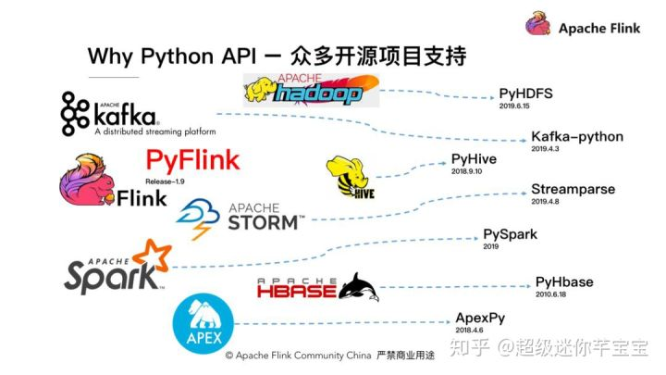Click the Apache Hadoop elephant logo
pyautogui.click(x=263, y=91)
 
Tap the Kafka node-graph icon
pyautogui.click(x=75, y=112)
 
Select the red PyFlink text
pyautogui.click(x=192, y=159)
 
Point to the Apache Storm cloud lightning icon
pyautogui.click(x=195, y=217)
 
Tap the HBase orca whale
pyautogui.click(x=359, y=287)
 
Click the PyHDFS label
pyautogui.click(x=525, y=94)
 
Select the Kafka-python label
pyautogui.click(x=577, y=136)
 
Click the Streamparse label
pyautogui.click(x=573, y=189)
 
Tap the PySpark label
pyautogui.click(x=510, y=234)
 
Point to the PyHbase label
pyautogui.click(x=564, y=281)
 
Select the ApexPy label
pyautogui.click(x=480, y=318)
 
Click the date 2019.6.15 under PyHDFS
pyautogui.click(x=515, y=106)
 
